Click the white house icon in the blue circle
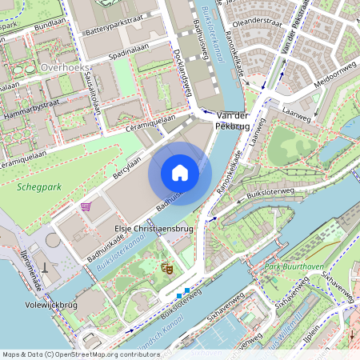[180, 173]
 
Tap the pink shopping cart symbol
[86, 206]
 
